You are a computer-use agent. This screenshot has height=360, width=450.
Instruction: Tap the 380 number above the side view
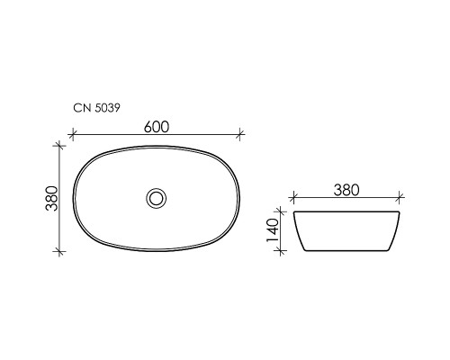(346, 190)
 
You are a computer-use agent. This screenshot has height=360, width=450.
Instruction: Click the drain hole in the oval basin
(157, 196)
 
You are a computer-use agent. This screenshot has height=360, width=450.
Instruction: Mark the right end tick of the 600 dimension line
(240, 138)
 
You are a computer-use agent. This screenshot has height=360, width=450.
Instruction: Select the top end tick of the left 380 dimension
(60, 144)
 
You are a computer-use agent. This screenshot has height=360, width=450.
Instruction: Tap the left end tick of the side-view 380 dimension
(294, 200)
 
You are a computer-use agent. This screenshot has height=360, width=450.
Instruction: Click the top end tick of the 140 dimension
(287, 213)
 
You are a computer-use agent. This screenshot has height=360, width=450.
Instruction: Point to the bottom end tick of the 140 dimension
(287, 251)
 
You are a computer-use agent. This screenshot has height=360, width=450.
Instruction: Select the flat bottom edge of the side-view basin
(346, 251)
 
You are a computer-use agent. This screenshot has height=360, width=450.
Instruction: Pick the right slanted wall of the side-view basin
(395, 232)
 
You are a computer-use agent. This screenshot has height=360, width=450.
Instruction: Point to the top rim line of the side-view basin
(346, 213)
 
